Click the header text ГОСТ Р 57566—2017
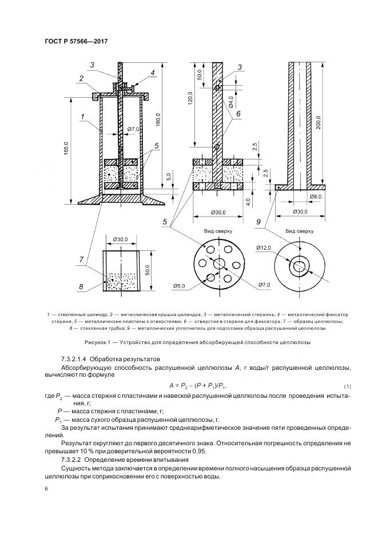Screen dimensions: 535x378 coord(75,41)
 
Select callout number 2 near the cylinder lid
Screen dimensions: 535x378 coord(82,79)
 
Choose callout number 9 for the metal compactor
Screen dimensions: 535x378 coord(259,222)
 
